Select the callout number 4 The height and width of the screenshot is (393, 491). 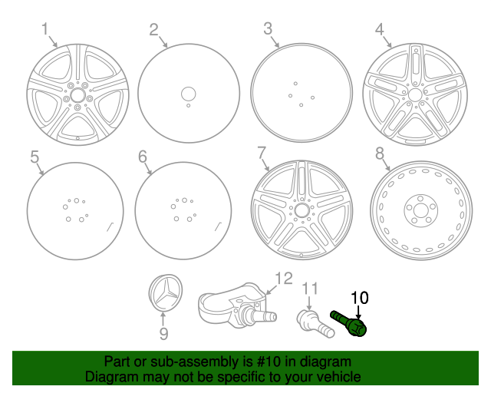[x=379, y=29]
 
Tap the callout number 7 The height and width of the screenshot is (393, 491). [x=262, y=152]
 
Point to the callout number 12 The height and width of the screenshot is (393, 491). [x=283, y=278]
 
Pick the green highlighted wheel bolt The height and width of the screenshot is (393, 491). [x=350, y=322]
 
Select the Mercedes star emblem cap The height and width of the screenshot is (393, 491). [x=164, y=295]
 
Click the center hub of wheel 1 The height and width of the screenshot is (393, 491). [x=77, y=97]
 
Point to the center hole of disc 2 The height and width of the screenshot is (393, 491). [x=188, y=93]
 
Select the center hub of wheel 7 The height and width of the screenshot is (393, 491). [x=301, y=210]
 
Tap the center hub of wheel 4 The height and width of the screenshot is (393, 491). [x=414, y=94]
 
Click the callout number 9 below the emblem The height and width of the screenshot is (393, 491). [x=163, y=335]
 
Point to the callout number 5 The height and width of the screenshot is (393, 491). [x=35, y=157]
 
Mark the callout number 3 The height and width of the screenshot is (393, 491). [x=268, y=29]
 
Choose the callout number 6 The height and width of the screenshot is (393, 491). [x=143, y=157]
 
